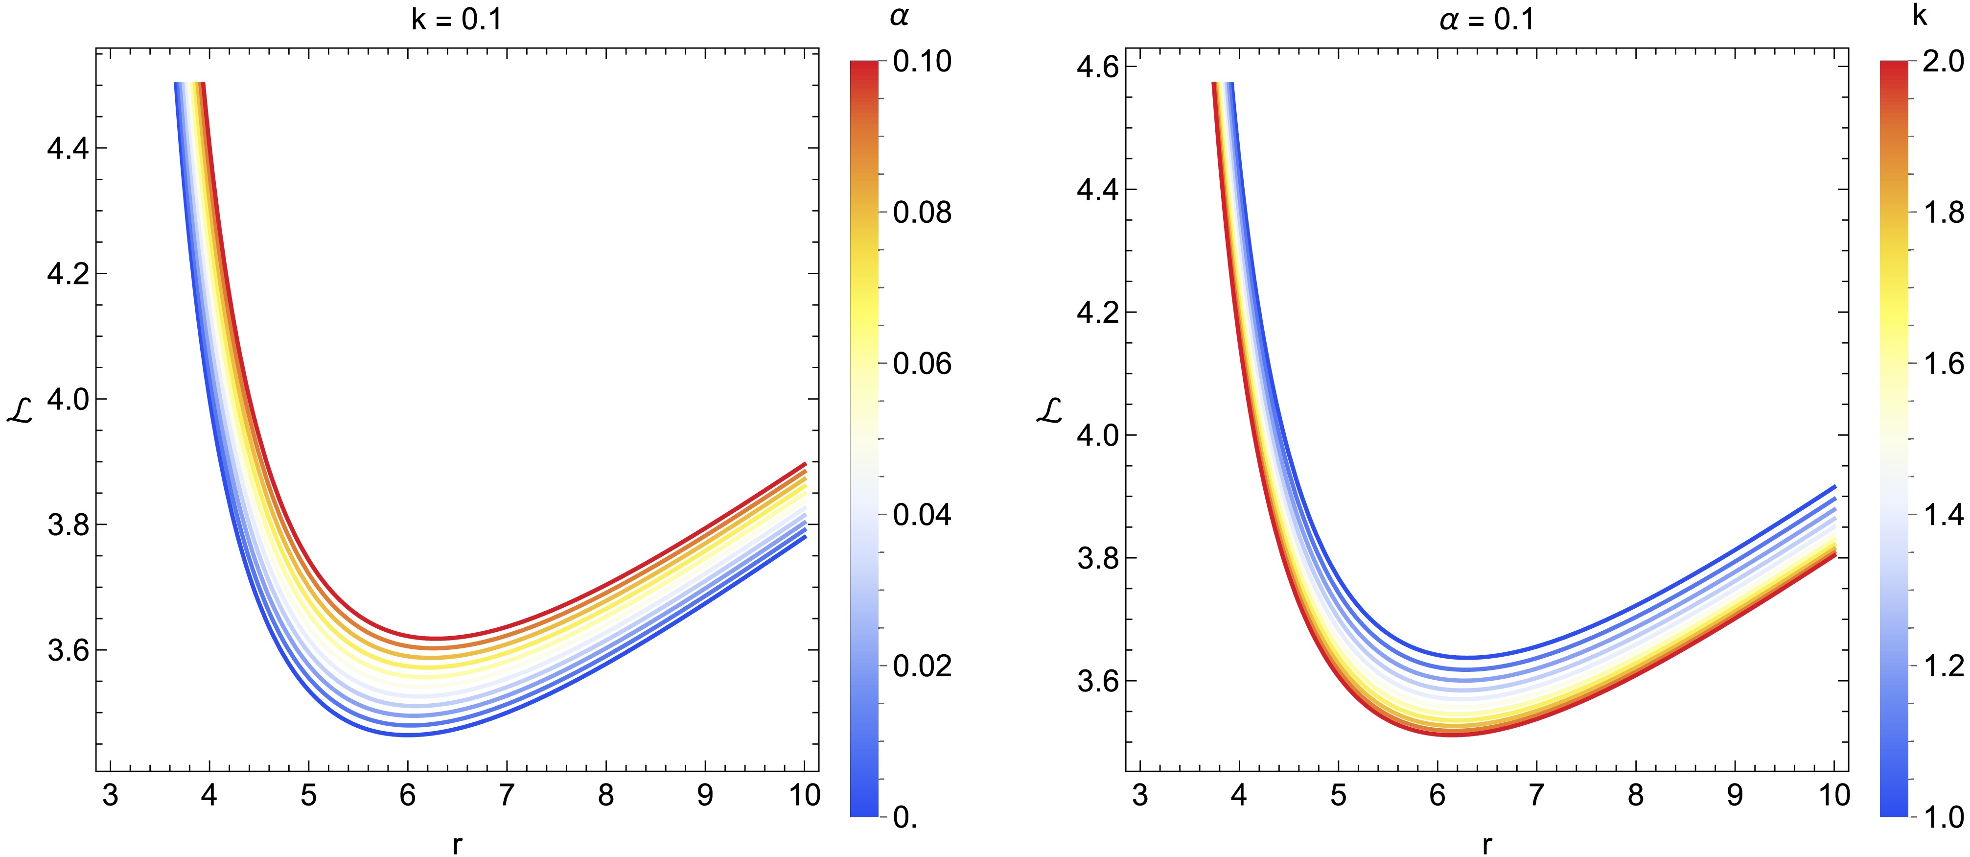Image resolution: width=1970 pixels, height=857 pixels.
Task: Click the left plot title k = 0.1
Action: tap(457, 19)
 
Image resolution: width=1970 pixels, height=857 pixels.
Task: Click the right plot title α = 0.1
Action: tap(1487, 19)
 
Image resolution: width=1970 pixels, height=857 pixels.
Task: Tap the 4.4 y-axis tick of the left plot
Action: tap(68, 148)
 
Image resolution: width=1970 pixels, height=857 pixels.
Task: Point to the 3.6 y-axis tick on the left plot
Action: tap(68, 650)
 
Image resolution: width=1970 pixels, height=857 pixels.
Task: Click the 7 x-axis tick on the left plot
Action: tap(506, 796)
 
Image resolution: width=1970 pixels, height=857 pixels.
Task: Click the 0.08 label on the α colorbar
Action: tap(922, 212)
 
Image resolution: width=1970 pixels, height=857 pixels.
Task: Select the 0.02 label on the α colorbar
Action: tap(922, 666)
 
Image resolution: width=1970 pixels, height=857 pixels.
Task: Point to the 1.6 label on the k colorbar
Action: tap(1943, 363)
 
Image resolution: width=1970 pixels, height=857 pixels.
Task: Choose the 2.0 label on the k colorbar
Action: tap(1943, 61)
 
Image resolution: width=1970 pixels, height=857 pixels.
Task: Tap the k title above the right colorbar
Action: tap(1920, 15)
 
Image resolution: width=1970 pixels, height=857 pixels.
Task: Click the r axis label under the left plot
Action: tap(457, 843)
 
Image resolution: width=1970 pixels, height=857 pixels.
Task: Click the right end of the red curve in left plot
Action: tap(805, 464)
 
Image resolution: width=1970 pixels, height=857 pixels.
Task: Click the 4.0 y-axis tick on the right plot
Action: tap(1097, 435)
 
